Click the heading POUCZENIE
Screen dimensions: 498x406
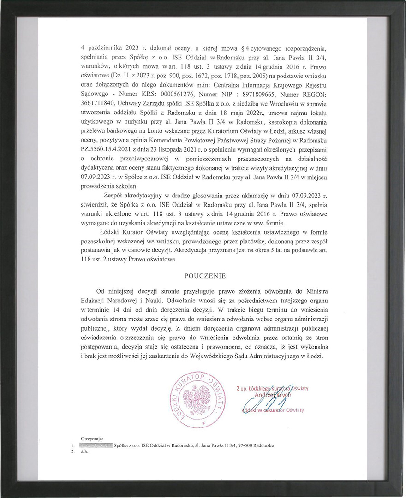click(x=205, y=276)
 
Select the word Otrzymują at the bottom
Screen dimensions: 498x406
click(x=92, y=439)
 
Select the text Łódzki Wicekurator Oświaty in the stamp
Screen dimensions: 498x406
click(x=273, y=410)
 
